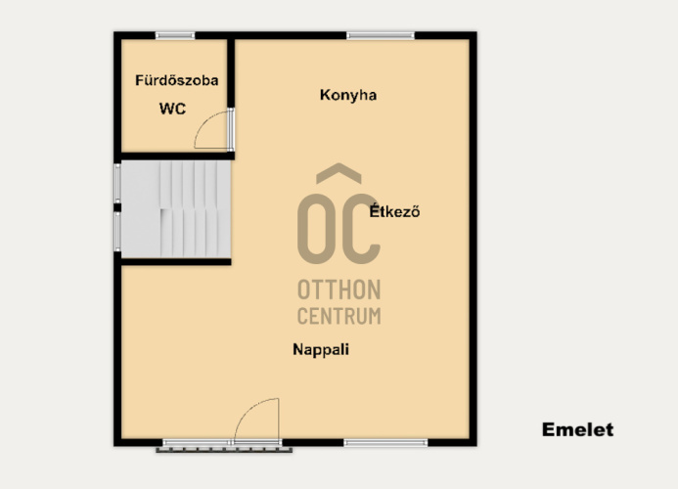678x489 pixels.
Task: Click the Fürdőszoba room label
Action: coord(176,80)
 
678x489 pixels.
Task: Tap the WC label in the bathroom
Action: coord(172,109)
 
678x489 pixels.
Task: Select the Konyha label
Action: coord(348,95)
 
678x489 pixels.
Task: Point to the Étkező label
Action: coord(394,211)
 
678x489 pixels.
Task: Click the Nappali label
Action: coord(321,349)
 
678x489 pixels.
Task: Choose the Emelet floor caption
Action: coord(577,429)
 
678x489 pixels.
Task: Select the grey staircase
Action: coord(175,209)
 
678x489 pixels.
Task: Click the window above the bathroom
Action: coord(175,35)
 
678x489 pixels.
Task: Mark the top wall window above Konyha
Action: coord(381,35)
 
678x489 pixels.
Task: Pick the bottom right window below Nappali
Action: coord(385,442)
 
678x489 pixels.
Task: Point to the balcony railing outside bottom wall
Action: coord(224,450)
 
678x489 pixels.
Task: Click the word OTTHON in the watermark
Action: coord(339,289)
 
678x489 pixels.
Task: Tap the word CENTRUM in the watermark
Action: coord(339,316)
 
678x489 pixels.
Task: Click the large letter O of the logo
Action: coord(315,229)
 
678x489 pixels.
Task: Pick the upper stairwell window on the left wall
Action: coord(117,183)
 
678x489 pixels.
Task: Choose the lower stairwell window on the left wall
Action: coord(117,232)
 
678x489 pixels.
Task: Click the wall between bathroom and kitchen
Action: coord(231,73)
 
